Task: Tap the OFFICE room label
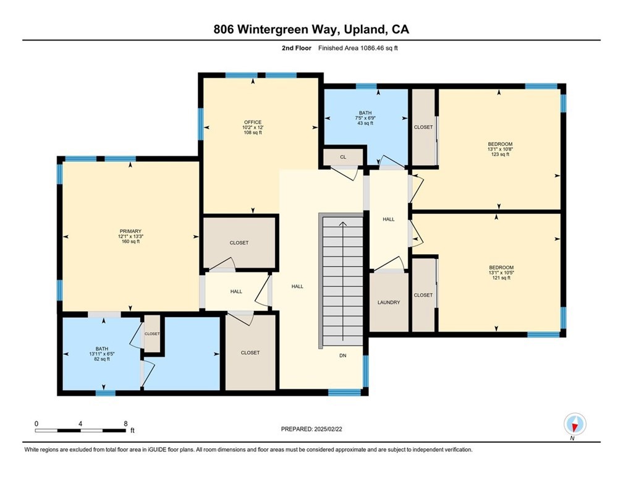pos(252,122)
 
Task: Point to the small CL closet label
pos(342,157)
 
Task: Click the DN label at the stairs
pos(342,355)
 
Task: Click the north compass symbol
pos(575,425)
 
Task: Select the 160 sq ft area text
pos(130,242)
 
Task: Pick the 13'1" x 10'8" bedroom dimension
pos(499,149)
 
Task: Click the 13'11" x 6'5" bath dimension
pos(102,354)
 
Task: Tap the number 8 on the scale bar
pos(125,424)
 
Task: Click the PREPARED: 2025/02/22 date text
pos(311,428)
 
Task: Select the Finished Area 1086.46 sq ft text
pos(358,48)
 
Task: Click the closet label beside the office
pos(239,243)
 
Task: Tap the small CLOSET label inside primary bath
pos(152,334)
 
